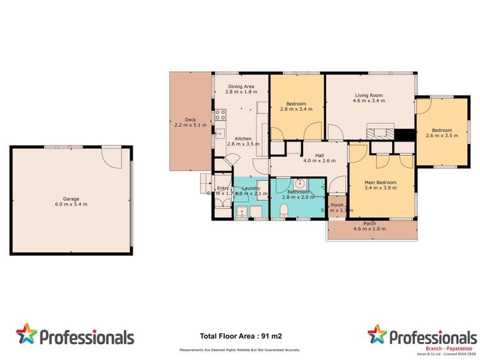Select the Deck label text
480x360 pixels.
click(190, 122)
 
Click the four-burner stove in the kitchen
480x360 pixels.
click(220, 115)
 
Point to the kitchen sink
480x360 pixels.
click(219, 134)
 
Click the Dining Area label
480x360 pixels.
click(241, 89)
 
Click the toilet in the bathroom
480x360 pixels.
click(284, 211)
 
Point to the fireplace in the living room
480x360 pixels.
click(380, 133)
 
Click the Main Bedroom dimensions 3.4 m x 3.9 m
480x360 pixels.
click(381, 188)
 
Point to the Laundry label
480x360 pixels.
click(251, 188)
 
